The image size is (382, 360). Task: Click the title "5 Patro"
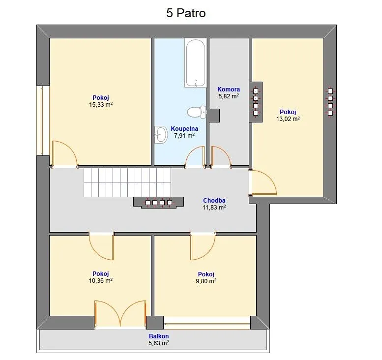tap(186, 13)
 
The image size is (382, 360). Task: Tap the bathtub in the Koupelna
tap(195, 62)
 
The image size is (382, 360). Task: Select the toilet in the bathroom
tap(197, 112)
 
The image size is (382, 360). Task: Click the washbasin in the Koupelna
tap(161, 135)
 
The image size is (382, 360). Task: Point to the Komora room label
tap(229, 89)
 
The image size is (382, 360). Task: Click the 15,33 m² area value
tap(101, 105)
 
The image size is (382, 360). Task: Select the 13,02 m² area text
tap(288, 119)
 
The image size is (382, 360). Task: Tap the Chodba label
tap(214, 200)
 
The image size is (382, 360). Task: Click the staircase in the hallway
tap(127, 182)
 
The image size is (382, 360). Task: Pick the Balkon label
tap(159, 336)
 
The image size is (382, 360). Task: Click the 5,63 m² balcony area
tap(159, 343)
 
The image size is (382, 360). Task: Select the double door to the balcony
tap(120, 313)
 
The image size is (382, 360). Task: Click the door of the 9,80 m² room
tap(203, 246)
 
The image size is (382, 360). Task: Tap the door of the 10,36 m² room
tap(101, 246)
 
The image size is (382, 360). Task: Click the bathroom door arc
tap(195, 156)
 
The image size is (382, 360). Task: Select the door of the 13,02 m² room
tap(263, 183)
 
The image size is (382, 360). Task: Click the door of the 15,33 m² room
tap(64, 154)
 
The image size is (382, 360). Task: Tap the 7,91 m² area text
tap(184, 136)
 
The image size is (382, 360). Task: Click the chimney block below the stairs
tap(159, 203)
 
